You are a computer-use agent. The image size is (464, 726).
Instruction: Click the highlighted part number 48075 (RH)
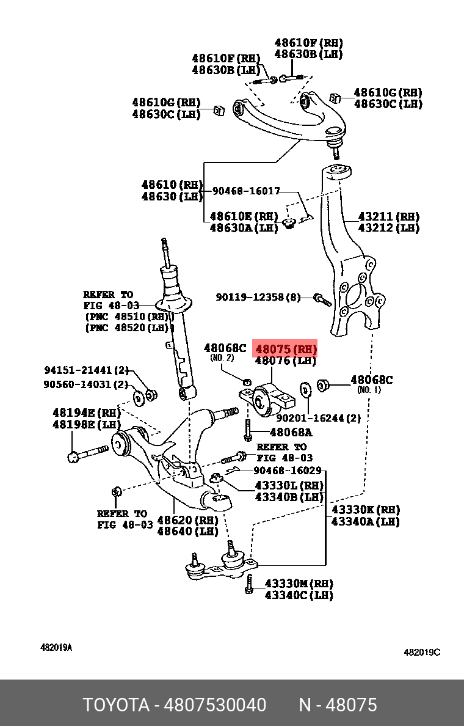pos(286,350)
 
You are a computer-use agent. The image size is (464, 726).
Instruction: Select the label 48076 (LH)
pos(286,361)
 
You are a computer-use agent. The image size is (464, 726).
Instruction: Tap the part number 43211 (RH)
pos(388,217)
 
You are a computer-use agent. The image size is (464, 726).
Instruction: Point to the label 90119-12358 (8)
pos(258,298)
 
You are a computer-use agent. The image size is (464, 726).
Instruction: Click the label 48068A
pos(291,433)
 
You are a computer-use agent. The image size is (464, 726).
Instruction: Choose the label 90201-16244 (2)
pos(318,419)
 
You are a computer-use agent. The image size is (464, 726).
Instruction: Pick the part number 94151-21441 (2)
pos(86,370)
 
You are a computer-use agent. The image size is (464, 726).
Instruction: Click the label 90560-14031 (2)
pos(86,384)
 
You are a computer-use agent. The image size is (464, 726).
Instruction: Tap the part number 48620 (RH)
pos(187,520)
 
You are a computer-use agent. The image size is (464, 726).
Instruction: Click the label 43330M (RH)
pos(299,583)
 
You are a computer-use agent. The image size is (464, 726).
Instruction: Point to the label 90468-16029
pos(287,471)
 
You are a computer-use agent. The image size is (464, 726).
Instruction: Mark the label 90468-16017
pos(246,191)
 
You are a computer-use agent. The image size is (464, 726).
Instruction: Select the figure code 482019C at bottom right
pos(422,652)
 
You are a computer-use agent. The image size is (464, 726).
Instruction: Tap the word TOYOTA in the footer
pos(116,705)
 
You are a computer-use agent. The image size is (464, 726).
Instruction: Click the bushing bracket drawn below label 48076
pos(267,402)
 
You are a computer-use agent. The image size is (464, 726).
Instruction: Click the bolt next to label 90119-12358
pos(321,299)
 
